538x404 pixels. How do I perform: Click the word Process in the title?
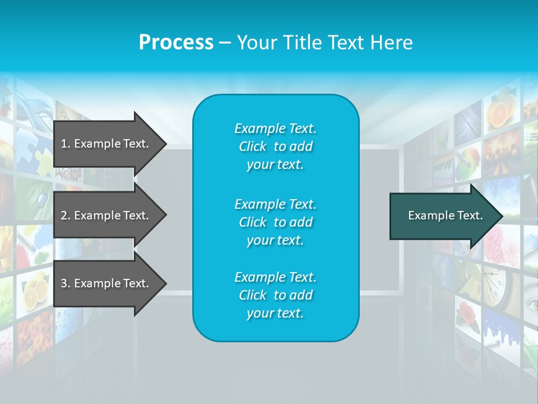(x=176, y=43)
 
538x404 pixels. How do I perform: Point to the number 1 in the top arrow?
(x=64, y=144)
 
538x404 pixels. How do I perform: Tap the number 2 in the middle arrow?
(x=64, y=215)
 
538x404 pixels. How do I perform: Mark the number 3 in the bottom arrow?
(x=64, y=283)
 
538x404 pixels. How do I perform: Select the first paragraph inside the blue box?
(x=275, y=146)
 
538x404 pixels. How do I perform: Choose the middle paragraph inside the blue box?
(x=275, y=222)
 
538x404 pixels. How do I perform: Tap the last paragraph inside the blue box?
(x=275, y=295)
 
